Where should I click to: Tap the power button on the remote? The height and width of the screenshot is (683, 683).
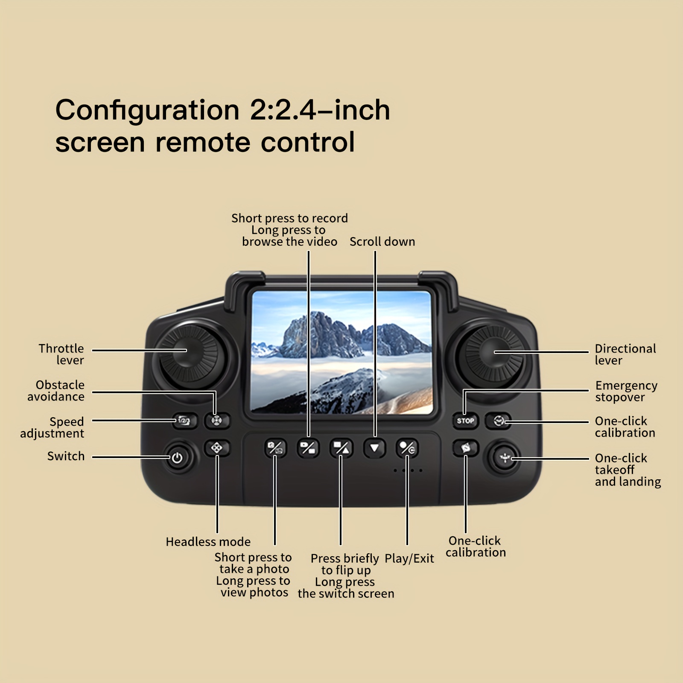pos(177,458)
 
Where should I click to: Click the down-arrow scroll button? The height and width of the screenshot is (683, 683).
pos(374,448)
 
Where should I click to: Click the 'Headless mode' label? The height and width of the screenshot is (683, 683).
pos(208,542)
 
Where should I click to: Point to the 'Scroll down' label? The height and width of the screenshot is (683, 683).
pos(382,242)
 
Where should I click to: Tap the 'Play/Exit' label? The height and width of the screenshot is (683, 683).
pos(409,559)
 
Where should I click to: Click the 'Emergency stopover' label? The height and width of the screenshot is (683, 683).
pos(626,391)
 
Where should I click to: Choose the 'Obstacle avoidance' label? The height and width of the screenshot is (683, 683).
pos(56,391)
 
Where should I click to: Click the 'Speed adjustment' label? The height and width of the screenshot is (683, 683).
pos(52,428)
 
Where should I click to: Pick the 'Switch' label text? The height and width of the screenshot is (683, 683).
pos(66,456)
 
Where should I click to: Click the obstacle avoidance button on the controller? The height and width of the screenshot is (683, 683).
pos(217,421)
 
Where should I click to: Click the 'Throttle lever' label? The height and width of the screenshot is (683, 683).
pos(61,354)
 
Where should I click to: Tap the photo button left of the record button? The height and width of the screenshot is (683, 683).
pos(274,448)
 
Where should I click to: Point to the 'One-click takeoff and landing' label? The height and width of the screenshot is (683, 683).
pos(628,470)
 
